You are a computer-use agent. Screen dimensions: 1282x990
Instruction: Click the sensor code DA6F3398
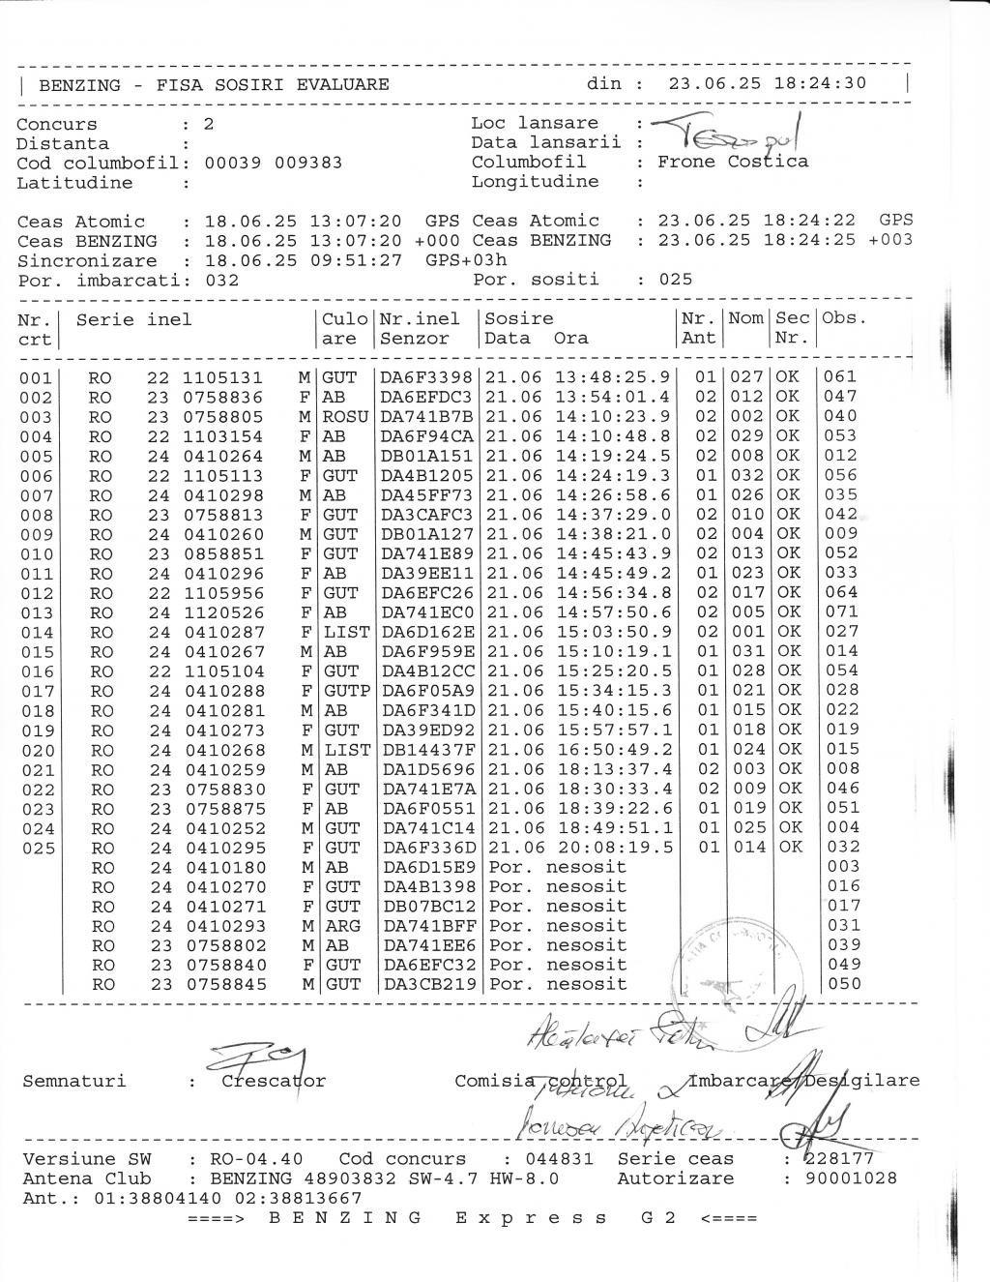[426, 377]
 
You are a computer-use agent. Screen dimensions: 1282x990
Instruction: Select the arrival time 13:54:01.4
[613, 397]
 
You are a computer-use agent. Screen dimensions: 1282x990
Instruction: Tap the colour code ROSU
[345, 417]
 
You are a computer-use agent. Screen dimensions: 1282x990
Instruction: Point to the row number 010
[37, 553]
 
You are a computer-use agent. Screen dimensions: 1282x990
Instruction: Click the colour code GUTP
[346, 691]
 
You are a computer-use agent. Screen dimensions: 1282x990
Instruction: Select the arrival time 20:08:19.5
[613, 848]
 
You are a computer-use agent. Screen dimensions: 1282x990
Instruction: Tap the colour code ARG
[340, 926]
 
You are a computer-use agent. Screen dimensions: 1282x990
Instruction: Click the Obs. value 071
[841, 611]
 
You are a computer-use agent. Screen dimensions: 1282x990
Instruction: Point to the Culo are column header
[345, 329]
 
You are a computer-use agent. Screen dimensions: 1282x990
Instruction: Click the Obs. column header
[844, 318]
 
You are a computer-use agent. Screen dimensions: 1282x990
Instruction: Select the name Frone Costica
[732, 162]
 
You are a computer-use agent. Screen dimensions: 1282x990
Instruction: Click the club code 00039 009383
[274, 163]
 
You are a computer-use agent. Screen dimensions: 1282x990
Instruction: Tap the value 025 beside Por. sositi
[675, 280]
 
